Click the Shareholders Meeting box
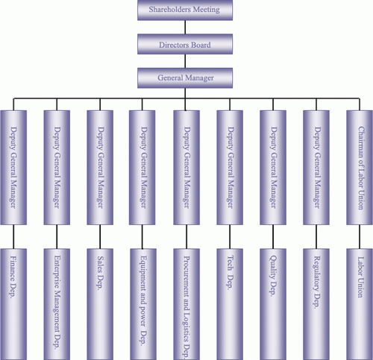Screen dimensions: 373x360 click(185, 10)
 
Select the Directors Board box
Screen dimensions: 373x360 click(185, 44)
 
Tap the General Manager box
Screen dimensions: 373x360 click(185, 78)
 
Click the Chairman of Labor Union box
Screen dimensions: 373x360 click(360, 168)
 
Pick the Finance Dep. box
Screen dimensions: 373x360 click(13, 304)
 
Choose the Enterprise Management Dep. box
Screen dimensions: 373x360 click(57, 304)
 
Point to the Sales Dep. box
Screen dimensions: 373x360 click(100, 304)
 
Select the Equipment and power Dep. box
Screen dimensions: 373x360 click(143, 304)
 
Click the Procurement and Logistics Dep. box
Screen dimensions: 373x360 click(186, 304)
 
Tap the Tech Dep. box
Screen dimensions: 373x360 click(230, 304)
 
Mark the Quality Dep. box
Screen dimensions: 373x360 click(273, 304)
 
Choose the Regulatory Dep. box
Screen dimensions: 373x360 click(316, 304)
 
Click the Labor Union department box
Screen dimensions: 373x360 click(360, 304)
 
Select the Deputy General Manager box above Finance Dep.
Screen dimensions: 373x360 click(13, 168)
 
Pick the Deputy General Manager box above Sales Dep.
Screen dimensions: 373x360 click(100, 168)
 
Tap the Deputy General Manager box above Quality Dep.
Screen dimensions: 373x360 click(273, 168)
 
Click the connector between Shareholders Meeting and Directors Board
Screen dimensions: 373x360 click(185, 28)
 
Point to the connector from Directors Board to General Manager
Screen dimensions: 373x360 click(185, 61)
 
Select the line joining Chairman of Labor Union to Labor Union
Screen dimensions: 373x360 click(360, 237)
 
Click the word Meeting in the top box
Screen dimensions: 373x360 click(207, 10)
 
